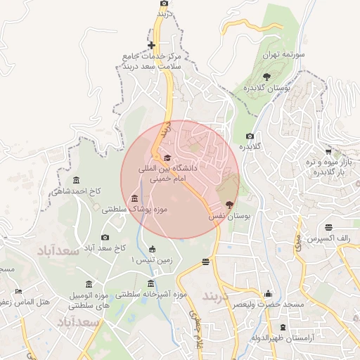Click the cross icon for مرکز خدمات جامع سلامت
point(151,46)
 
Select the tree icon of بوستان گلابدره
point(266,77)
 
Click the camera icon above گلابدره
point(250,136)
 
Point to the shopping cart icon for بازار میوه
point(328,151)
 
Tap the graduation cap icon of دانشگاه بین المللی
point(167,157)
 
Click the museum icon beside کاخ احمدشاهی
point(76,180)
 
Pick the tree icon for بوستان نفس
point(229,205)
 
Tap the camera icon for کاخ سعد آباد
point(105,238)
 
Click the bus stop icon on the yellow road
point(205,262)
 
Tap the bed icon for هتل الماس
point(19,290)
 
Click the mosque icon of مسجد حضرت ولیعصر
point(267,293)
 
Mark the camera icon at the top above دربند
point(164,4)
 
